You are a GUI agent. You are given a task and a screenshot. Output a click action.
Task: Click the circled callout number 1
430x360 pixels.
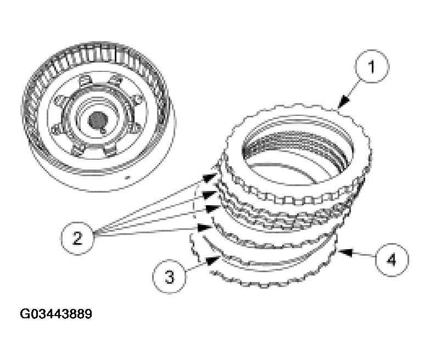click(372, 68)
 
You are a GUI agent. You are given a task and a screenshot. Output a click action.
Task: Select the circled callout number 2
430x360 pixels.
click(77, 238)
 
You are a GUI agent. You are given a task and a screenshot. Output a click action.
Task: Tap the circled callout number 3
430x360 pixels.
click(169, 276)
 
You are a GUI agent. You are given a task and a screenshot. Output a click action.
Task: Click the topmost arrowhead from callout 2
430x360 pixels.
click(211, 177)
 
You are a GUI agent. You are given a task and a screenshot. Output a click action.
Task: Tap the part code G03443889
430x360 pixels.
click(56, 314)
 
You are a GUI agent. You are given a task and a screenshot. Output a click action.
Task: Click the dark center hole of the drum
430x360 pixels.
click(98, 120)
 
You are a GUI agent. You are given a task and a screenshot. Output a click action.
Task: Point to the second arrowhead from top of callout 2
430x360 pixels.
click(210, 194)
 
